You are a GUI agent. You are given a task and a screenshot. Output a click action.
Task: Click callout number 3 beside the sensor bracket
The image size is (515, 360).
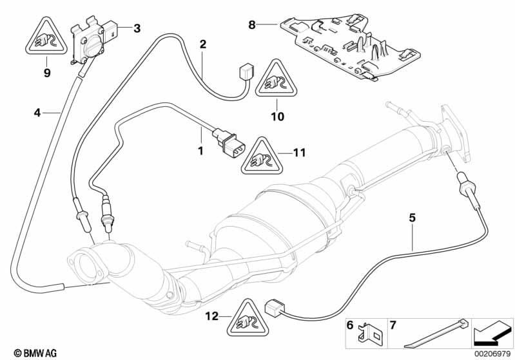pos(137,28)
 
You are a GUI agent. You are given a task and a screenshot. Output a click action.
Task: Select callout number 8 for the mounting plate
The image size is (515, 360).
pos(252,25)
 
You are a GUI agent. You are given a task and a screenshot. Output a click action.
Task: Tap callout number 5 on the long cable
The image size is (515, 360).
pos(412,218)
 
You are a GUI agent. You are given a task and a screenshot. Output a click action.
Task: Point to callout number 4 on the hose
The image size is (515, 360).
pos(37,113)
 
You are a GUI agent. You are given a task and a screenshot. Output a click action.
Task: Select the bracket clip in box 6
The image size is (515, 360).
pos(373,334)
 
